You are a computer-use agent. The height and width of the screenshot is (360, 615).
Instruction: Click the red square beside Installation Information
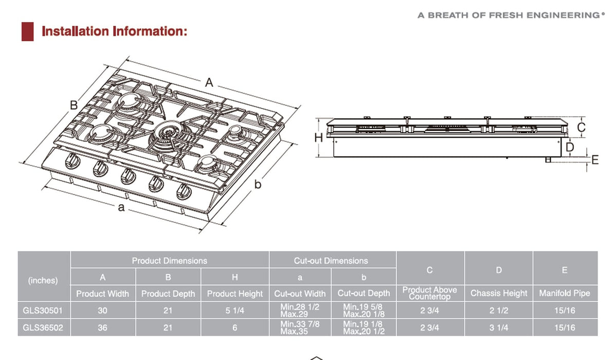(x=27, y=31)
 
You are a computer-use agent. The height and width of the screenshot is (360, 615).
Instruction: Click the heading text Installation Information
(x=114, y=31)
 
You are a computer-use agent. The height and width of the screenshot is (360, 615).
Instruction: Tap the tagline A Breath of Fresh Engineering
(x=508, y=15)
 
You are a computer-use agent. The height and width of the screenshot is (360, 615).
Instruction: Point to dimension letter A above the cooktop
(x=209, y=82)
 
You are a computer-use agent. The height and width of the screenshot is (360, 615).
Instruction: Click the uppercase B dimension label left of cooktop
(x=74, y=105)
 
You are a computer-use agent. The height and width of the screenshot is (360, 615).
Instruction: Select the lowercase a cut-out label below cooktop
(x=121, y=207)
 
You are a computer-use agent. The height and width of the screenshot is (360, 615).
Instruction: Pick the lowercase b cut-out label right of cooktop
(x=259, y=184)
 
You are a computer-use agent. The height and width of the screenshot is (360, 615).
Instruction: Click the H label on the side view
(x=318, y=138)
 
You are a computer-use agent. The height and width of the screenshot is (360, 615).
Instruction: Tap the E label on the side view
(x=595, y=160)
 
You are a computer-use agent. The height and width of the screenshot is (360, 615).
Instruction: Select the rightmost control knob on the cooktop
(x=183, y=192)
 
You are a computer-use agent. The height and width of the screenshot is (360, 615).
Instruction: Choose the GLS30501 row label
(x=44, y=310)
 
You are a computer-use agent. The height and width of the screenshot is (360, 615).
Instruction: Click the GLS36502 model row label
(x=44, y=328)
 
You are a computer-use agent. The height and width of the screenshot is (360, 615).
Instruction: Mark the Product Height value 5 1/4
(x=234, y=310)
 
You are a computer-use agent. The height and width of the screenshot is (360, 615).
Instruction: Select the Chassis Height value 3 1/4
(x=498, y=328)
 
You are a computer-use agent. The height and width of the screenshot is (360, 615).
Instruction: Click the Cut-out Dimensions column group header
(x=331, y=261)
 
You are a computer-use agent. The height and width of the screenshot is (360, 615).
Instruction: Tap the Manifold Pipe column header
(x=565, y=293)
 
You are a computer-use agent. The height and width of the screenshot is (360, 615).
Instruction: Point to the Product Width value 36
(x=102, y=328)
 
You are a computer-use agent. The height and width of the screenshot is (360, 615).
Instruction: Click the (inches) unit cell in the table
(x=44, y=280)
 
